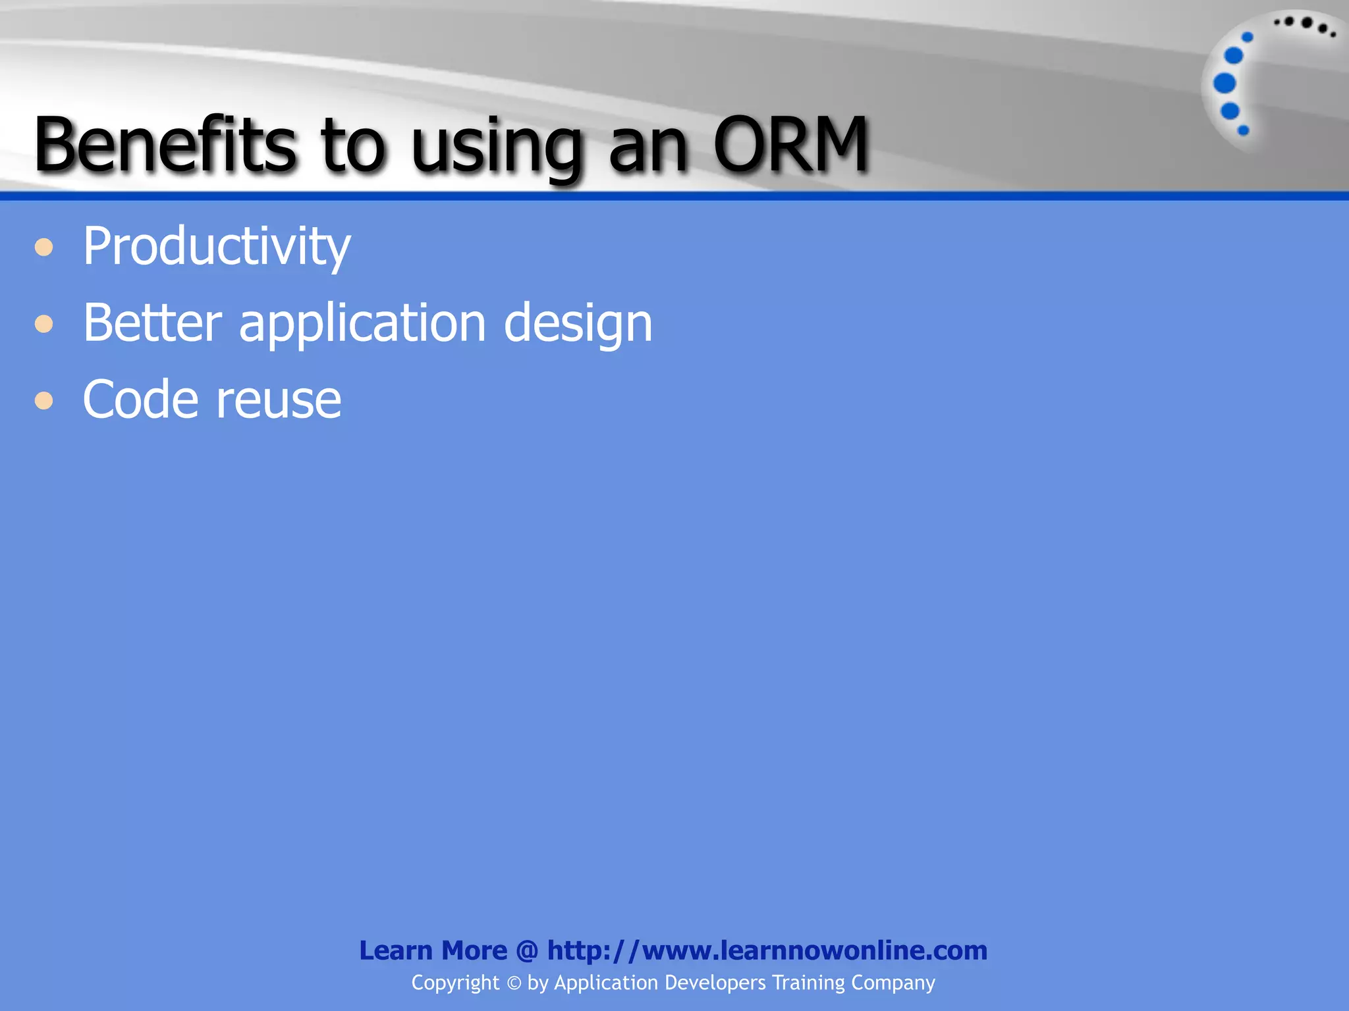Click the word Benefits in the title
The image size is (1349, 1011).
click(x=165, y=145)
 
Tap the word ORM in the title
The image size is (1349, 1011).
click(x=790, y=145)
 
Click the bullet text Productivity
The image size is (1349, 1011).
click(x=216, y=247)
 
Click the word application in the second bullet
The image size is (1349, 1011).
click(x=362, y=324)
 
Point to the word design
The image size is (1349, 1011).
click(x=578, y=324)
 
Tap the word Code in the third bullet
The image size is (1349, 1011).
click(x=140, y=400)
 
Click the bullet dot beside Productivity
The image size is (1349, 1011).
click(x=44, y=248)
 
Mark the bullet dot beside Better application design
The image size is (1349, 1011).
click(x=44, y=324)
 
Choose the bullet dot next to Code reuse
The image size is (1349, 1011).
click(x=44, y=400)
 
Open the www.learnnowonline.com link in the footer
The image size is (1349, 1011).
click(x=767, y=950)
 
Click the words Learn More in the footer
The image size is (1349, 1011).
click(x=433, y=950)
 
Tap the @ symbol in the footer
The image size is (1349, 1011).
click(x=527, y=951)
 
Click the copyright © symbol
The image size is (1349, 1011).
click(x=514, y=983)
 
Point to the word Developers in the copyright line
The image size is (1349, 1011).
click(x=715, y=983)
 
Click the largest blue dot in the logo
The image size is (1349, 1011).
click(x=1225, y=84)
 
